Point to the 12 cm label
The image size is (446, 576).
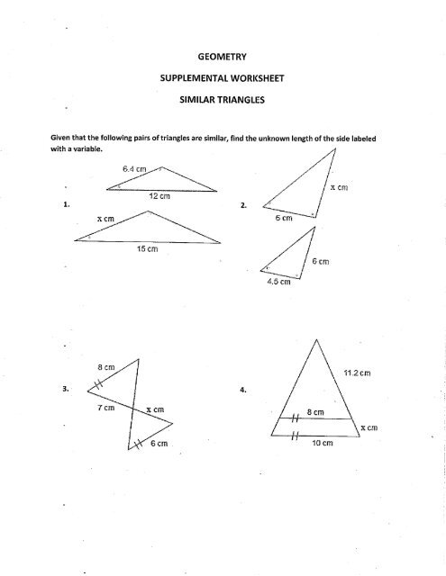[x=159, y=196]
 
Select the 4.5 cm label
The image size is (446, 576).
[x=271, y=282]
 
